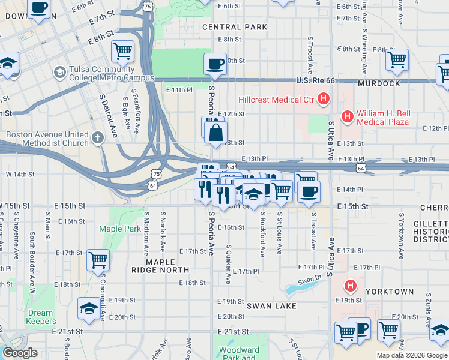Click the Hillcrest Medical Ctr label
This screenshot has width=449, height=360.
click(x=276, y=99)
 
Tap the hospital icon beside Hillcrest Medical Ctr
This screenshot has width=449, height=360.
click(x=324, y=98)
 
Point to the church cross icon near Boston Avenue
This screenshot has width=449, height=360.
click(x=99, y=139)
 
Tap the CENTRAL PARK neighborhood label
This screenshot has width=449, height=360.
click(x=235, y=27)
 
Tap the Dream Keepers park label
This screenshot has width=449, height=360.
click(x=40, y=317)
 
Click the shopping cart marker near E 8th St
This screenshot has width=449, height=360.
click(x=122, y=51)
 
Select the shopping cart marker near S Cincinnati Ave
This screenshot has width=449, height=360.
click(x=98, y=260)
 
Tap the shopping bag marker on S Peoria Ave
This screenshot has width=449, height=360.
click(x=216, y=133)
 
